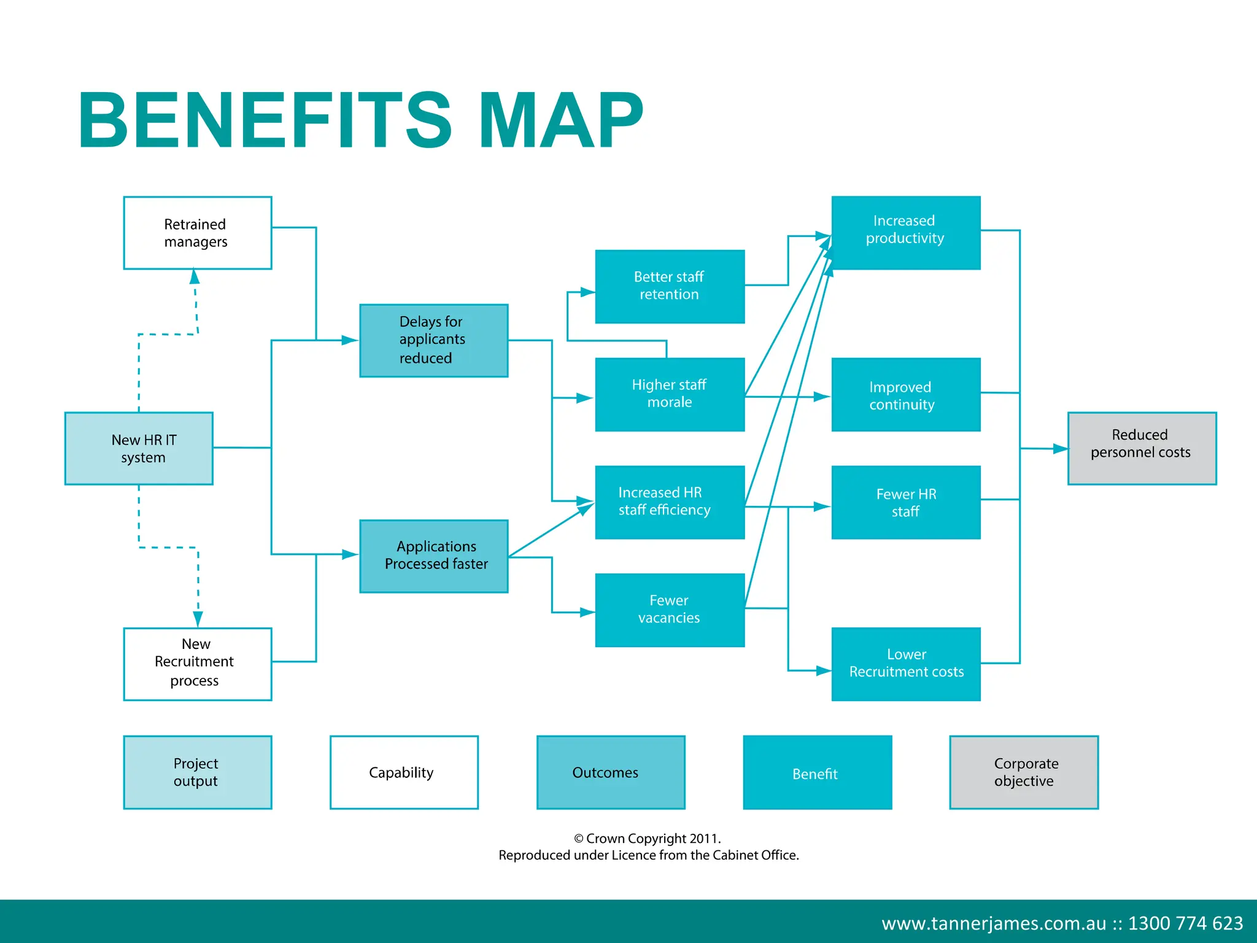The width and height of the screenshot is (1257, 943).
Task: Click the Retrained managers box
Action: (197, 233)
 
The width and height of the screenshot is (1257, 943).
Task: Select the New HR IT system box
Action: (139, 448)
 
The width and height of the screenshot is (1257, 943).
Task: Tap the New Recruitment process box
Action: (197, 664)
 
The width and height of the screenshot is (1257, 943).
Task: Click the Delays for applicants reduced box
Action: (433, 340)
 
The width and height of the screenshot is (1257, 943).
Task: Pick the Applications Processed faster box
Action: (433, 556)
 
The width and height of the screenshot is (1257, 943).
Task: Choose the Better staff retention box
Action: (670, 286)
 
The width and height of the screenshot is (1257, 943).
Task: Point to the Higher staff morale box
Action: (670, 394)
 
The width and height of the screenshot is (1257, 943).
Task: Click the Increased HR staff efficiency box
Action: (670, 502)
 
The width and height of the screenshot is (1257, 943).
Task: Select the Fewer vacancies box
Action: (670, 610)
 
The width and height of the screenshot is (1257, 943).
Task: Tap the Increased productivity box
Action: (905, 233)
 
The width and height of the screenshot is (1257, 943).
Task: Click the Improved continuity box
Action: (905, 394)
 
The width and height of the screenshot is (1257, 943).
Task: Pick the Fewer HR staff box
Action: (905, 502)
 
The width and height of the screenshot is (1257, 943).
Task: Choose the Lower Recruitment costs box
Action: (905, 664)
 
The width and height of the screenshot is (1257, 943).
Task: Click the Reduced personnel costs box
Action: (1142, 448)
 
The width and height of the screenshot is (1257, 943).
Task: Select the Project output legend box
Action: (197, 772)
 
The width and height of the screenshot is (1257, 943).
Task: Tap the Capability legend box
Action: (404, 772)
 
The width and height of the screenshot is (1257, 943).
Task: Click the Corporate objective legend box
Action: (1023, 772)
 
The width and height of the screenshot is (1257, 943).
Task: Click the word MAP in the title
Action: (560, 120)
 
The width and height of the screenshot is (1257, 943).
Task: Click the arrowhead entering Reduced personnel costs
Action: (1060, 449)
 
